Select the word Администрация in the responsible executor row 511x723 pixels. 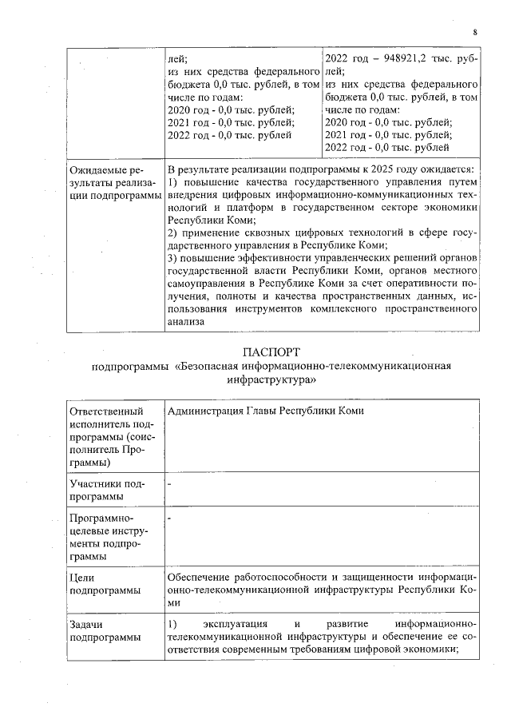(205, 411)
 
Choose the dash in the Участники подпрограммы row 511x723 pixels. (169, 484)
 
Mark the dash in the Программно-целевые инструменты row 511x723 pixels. (169, 520)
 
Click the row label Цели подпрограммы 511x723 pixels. (99, 583)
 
